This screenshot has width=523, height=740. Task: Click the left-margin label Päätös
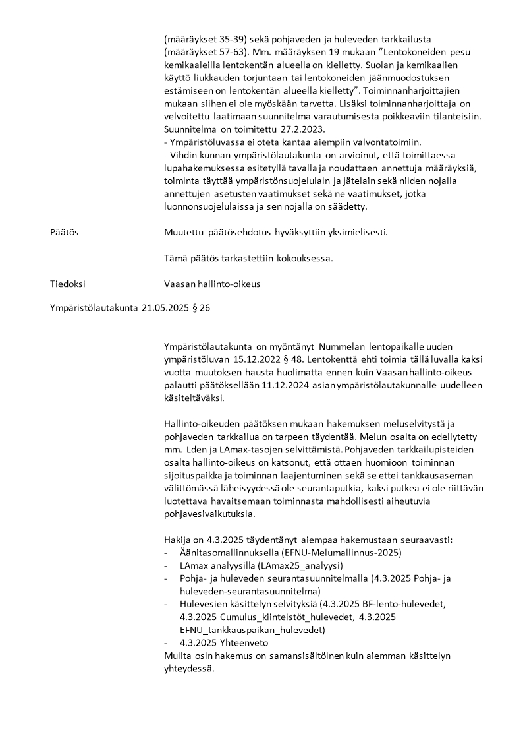pyautogui.click(x=65, y=233)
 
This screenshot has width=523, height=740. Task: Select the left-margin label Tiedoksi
pyautogui.click(x=68, y=284)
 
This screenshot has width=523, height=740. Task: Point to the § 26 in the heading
pyautogui.click(x=200, y=307)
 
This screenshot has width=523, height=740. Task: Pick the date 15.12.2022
pyautogui.click(x=258, y=359)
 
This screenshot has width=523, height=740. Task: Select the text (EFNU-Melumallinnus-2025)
pyautogui.click(x=341, y=552)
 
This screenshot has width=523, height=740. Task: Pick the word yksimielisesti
pyautogui.click(x=356, y=233)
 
